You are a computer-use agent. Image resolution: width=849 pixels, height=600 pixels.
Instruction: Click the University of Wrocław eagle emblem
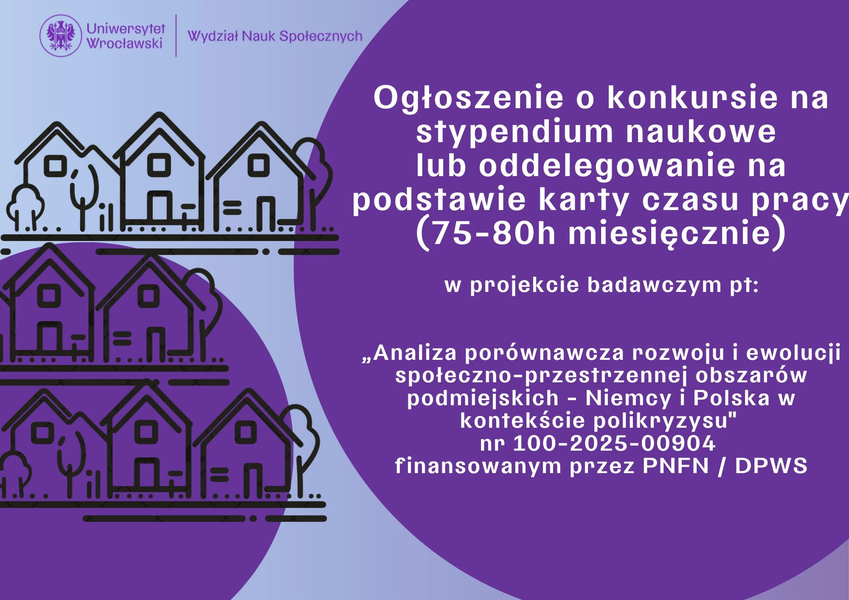click(x=61, y=36)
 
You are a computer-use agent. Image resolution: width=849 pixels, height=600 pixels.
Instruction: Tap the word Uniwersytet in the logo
click(x=126, y=28)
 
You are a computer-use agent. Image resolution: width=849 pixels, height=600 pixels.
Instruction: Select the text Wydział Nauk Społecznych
click(x=275, y=36)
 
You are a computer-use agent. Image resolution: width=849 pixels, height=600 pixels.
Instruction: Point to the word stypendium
click(x=514, y=132)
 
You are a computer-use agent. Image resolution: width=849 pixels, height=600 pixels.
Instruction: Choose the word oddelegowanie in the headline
click(x=607, y=166)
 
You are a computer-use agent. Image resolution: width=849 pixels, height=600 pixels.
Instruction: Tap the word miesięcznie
click(x=669, y=234)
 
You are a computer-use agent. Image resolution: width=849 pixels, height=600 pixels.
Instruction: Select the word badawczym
click(x=654, y=285)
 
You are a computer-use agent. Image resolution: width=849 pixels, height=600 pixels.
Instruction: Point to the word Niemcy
click(x=628, y=398)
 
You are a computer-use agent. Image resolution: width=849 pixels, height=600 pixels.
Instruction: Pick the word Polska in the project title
click(x=731, y=398)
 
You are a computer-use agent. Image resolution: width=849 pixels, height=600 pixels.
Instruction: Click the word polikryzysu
click(x=664, y=421)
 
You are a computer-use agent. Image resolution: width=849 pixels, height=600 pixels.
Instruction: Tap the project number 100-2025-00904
click(x=614, y=443)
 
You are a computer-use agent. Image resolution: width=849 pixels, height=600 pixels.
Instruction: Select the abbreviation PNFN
click(x=676, y=466)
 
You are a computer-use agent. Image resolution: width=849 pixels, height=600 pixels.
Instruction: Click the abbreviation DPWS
click(x=771, y=466)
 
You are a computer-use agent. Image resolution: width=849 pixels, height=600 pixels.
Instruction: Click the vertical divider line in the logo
click(x=176, y=36)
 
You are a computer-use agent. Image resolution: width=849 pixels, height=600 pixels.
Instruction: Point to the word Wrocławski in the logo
click(x=125, y=43)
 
